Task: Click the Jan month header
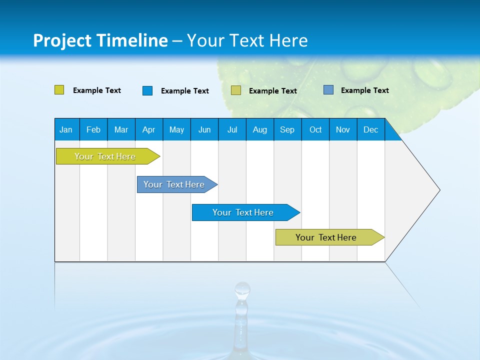[66, 130]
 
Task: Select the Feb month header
[93, 130]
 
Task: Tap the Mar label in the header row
[121, 130]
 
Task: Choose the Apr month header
[149, 130]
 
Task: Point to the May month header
[176, 130]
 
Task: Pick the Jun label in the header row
[204, 130]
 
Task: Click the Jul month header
[232, 130]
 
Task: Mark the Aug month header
[260, 130]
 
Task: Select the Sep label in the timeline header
[287, 130]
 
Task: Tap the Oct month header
[315, 130]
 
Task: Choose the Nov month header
[343, 130]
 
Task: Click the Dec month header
[371, 130]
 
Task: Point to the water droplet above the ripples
[242, 289]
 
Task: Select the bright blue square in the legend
[147, 90]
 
